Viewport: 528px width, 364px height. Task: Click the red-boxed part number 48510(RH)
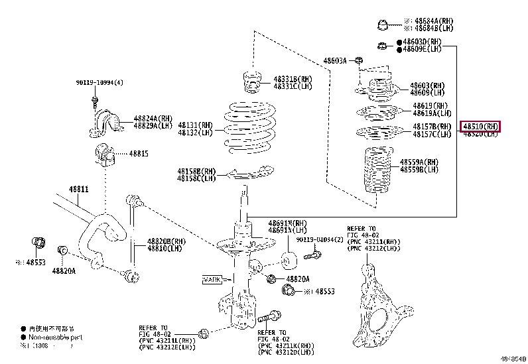481,126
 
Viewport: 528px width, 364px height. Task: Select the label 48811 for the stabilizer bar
79,189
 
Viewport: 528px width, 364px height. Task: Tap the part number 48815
139,154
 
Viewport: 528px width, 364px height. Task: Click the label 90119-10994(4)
99,84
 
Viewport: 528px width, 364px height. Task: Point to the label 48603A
335,61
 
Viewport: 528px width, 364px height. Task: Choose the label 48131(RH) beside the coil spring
195,125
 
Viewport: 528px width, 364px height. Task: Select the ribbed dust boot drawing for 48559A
375,170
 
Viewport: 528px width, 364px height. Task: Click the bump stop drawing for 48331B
252,83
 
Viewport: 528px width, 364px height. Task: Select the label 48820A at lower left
64,271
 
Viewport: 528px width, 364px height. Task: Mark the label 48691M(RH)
287,223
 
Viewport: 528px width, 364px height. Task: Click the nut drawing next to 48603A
358,61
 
